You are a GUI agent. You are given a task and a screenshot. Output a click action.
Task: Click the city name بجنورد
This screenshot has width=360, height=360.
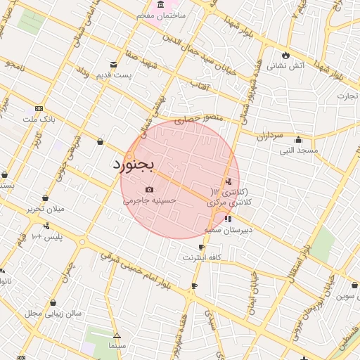(133, 165)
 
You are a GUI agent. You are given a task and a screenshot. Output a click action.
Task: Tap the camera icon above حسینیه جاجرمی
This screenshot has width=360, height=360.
(149, 190)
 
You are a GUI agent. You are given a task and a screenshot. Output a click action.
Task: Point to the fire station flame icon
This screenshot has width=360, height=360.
(285, 55)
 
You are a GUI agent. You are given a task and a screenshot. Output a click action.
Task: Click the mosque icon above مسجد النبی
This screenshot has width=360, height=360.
(299, 139)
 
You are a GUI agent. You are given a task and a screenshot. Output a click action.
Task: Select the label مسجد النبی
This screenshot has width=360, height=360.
(299, 150)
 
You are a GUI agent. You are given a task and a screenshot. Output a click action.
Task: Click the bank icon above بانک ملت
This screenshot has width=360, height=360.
(38, 109)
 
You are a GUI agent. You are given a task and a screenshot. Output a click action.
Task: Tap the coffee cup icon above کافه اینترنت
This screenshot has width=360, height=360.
(202, 247)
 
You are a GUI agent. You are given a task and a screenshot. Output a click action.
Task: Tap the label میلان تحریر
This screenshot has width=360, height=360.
(45, 209)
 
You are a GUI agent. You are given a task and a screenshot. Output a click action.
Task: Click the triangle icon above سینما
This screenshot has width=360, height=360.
(117, 336)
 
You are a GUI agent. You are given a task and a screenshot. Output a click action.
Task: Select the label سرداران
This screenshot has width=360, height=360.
(269, 134)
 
